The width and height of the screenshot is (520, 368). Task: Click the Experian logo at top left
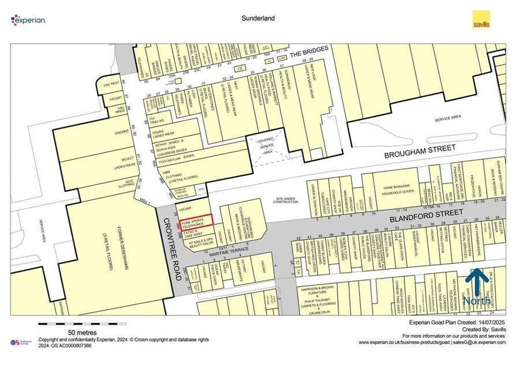(x=28, y=20)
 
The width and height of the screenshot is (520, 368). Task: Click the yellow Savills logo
(x=480, y=19)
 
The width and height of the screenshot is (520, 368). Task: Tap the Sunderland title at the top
(x=258, y=19)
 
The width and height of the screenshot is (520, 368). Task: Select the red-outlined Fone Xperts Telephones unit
(x=196, y=220)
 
